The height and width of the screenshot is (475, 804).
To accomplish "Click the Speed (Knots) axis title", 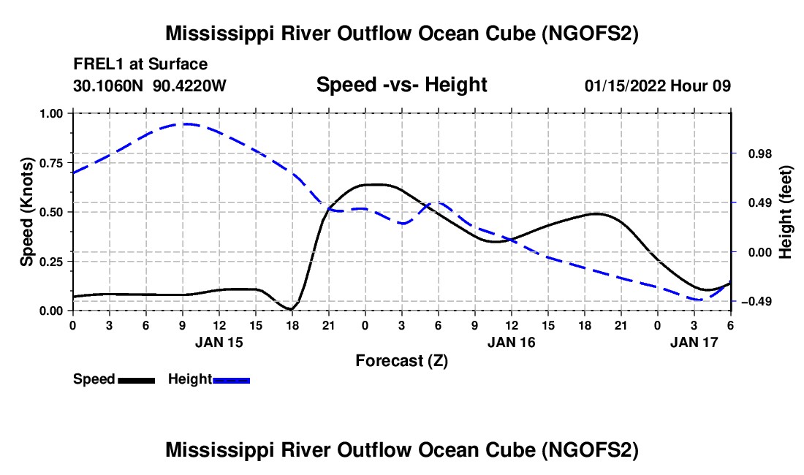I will click(27, 212).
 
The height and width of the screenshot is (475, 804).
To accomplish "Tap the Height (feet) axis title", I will click(786, 212).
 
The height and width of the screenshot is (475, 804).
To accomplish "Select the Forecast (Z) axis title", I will click(401, 360).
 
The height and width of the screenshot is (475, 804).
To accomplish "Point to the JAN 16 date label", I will click(512, 342).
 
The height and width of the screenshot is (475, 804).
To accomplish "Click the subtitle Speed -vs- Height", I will click(401, 85).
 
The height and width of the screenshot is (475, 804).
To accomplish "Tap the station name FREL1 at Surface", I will click(140, 65).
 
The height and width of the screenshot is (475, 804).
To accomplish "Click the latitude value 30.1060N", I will click(109, 85).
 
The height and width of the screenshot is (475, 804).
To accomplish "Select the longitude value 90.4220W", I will click(190, 85).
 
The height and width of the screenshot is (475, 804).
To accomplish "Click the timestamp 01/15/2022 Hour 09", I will click(658, 85).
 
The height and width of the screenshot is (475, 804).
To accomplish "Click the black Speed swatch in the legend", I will click(135, 380).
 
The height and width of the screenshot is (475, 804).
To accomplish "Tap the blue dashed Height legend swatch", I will click(232, 380).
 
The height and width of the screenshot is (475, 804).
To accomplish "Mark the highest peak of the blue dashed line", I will click(186, 123).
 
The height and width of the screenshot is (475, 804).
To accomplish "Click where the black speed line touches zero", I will click(291, 309).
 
